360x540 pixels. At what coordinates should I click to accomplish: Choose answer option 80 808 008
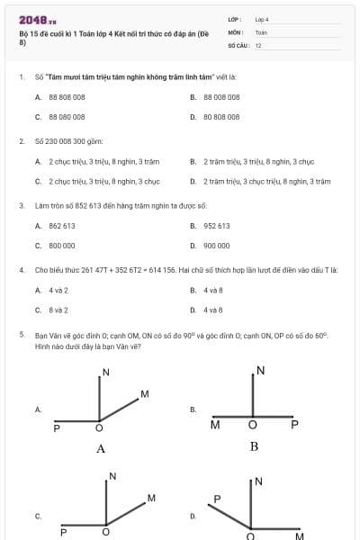221,117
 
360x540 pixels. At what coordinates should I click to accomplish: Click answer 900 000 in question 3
216,245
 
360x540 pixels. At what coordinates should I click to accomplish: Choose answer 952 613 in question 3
216,226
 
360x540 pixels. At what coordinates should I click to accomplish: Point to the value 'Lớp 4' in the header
262,19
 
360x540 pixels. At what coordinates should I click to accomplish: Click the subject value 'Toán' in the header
261,31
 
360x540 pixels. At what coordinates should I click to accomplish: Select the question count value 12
258,44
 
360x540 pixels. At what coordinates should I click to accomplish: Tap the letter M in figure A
144,394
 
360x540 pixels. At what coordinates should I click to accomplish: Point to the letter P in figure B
294,424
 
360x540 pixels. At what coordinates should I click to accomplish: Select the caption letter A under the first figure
101,448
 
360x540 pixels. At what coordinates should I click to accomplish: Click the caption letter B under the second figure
254,445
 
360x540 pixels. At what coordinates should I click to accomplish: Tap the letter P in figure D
217,498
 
